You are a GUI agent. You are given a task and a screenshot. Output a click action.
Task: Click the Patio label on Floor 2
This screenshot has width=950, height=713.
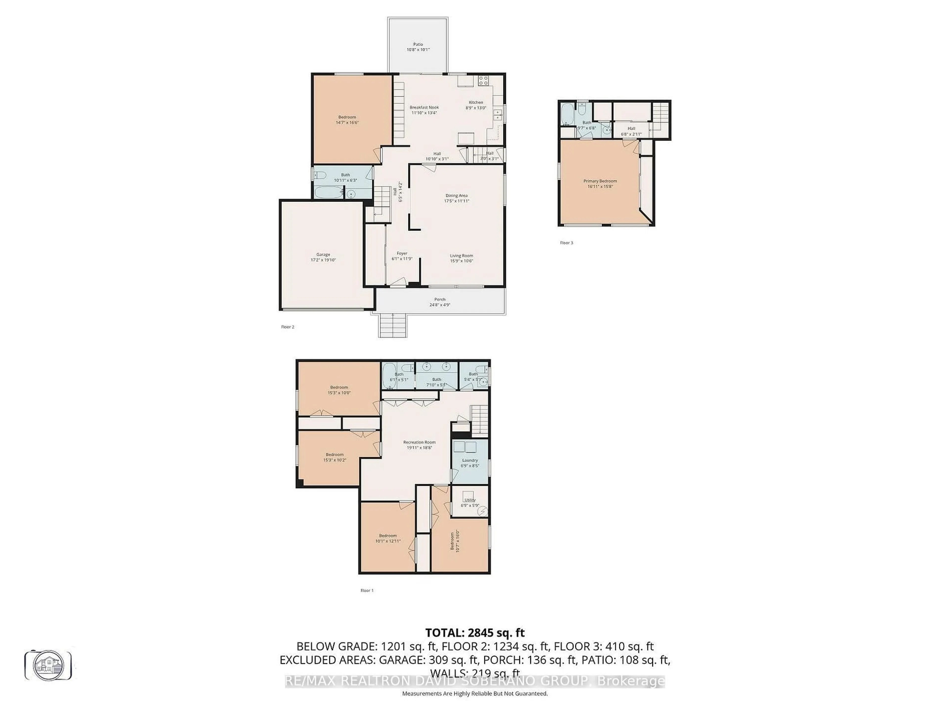click(x=418, y=44)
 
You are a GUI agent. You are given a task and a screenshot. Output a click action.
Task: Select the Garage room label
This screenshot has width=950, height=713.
click(x=323, y=255)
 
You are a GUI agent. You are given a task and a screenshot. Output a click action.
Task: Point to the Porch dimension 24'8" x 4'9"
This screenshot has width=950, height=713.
click(x=440, y=305)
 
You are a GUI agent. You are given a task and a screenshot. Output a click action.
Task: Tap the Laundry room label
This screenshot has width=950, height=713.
click(x=470, y=460)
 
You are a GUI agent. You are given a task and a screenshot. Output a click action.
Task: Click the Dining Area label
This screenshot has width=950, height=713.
click(x=456, y=196)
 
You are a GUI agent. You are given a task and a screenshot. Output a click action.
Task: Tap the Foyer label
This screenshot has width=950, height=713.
click(x=402, y=254)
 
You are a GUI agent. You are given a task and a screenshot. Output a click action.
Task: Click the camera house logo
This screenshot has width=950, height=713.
click(x=48, y=665)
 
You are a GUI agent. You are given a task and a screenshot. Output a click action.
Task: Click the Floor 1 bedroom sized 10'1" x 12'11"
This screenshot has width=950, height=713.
click(x=388, y=538)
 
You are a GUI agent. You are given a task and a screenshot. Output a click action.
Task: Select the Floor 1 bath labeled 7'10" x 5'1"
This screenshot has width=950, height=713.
click(x=436, y=382)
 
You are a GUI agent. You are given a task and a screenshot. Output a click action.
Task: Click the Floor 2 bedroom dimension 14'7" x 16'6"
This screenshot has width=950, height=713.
click(x=347, y=123)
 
